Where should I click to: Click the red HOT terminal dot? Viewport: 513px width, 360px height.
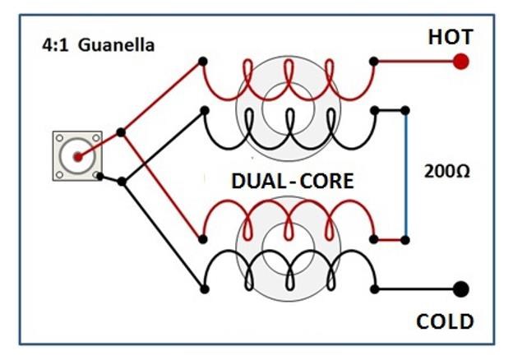[461, 62]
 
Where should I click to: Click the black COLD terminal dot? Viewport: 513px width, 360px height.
[461, 289]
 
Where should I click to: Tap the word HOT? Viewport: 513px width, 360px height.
[451, 37]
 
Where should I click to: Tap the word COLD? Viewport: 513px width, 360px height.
[445, 321]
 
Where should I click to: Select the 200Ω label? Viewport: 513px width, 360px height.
[447, 171]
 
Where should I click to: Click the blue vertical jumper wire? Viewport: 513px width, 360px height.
[405, 175]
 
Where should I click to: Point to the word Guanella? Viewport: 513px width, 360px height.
[116, 45]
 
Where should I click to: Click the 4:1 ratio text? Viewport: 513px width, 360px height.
[55, 45]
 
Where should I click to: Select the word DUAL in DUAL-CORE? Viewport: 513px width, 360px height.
[260, 181]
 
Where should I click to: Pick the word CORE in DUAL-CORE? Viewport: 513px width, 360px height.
[326, 181]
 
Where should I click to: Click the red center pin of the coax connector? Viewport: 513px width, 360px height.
[77, 157]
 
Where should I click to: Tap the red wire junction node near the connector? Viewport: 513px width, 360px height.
[121, 132]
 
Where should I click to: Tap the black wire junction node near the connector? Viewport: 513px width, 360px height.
[122, 182]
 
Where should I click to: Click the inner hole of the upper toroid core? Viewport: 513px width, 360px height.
[289, 108]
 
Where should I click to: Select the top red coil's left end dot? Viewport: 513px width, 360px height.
[203, 61]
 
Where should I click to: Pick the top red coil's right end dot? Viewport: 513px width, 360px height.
[373, 61]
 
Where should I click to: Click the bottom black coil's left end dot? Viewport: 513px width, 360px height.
[204, 289]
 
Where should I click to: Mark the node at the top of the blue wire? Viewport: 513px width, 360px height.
[405, 110]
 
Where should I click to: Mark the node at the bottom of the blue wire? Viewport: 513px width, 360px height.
[405, 240]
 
